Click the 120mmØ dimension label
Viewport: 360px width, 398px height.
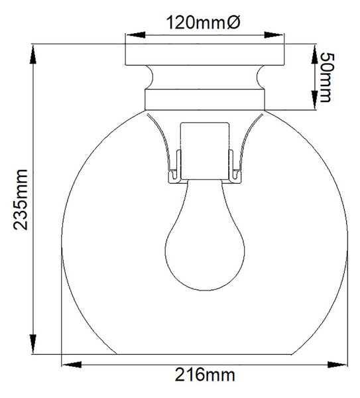203,23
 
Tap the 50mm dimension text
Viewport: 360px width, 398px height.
326,78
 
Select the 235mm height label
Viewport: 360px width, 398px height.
21,200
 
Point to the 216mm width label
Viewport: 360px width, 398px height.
204,374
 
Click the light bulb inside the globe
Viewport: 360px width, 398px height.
205,235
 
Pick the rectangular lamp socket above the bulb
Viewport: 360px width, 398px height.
205,151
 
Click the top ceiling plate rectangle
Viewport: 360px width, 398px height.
205,54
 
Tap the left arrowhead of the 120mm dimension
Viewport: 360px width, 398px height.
136,35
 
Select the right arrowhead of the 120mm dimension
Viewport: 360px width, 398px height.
274,35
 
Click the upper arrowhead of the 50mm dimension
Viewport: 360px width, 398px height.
314,54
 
